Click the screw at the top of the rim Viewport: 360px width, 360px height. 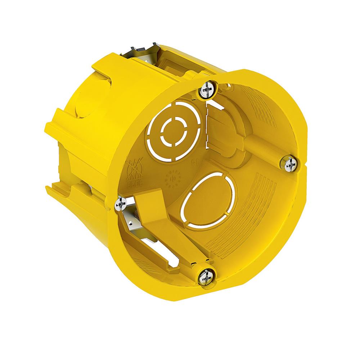[x=207, y=89]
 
